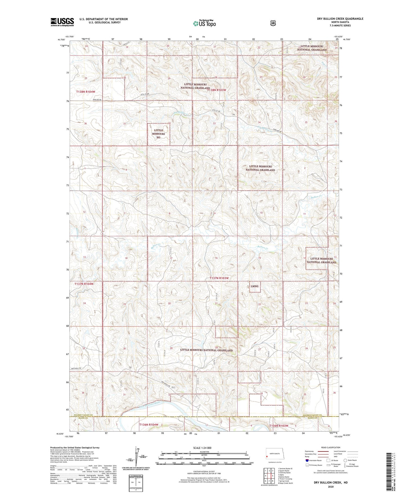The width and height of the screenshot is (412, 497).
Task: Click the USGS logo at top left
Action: pos(62,22)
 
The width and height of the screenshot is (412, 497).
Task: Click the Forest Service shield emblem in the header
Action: pos(273,23)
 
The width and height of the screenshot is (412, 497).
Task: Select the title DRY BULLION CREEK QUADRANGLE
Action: pos(340,19)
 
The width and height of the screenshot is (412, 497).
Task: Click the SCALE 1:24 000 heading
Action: pos(202,448)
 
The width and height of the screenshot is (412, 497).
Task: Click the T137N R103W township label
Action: pos(219,278)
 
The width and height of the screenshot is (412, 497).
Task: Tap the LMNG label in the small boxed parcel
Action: pos(255,286)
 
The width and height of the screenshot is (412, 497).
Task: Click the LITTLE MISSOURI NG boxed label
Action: pos(158,134)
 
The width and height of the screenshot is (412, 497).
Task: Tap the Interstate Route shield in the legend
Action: pos(307,460)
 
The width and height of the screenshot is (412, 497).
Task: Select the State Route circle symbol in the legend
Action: pos(345,460)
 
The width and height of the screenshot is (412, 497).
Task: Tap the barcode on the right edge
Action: pos(390,471)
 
